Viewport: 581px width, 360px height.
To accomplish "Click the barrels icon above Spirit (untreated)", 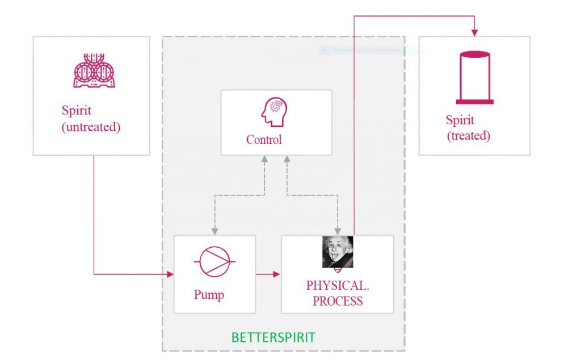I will (94, 71).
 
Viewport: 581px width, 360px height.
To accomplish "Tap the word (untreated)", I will (91, 127).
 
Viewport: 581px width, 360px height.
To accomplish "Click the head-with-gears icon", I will (274, 112).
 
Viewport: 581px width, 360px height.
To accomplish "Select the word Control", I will (264, 139).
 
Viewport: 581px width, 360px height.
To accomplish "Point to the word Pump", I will (209, 295).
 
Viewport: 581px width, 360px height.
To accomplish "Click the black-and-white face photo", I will (338, 251).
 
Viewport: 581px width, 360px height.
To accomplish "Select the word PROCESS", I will (338, 302).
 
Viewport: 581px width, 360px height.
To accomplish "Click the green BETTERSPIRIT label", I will (273, 338).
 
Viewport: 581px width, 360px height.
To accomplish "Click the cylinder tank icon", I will (474, 78).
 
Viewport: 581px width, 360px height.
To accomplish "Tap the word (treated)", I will (469, 136).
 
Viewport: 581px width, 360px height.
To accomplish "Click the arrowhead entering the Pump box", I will (170, 274).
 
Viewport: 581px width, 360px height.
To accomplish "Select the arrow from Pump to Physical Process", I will (268, 274).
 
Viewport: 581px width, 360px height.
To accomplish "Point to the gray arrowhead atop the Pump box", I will (214, 231).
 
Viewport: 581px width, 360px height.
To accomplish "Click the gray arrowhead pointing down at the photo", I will (338, 231).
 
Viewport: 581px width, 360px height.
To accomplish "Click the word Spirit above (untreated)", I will (77, 111).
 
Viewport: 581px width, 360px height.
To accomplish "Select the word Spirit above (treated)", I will (460, 120).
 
